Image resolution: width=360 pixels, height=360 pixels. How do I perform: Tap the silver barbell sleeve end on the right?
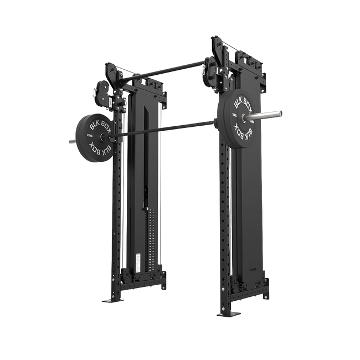pos(274,114)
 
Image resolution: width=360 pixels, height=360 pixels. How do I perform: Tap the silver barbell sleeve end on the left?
pos(71,141)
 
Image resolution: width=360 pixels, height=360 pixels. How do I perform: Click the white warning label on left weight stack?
pos(138,258)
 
